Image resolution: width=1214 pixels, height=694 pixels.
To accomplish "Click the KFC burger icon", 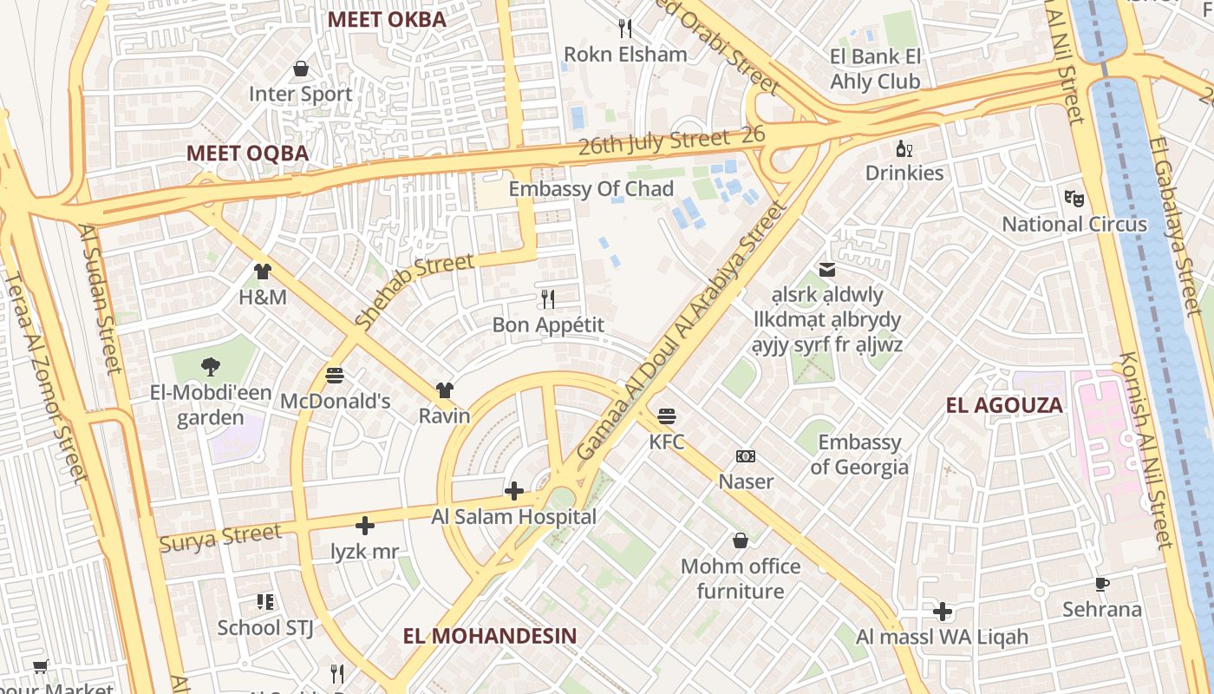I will pyautogui.click(x=666, y=416).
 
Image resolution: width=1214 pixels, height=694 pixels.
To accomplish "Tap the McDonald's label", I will pyautogui.click(x=335, y=402).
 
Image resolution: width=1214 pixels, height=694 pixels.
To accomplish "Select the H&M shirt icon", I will pyautogui.click(x=263, y=272).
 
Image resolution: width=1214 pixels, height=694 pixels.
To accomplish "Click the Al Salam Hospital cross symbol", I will pyautogui.click(x=514, y=492).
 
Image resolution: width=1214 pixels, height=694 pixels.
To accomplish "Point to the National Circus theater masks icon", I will pyautogui.click(x=1074, y=198).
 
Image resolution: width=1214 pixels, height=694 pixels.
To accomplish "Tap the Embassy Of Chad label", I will pyautogui.click(x=591, y=189).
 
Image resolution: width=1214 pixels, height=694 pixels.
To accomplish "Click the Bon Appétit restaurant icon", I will pyautogui.click(x=547, y=299).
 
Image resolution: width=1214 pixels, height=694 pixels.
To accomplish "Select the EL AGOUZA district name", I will pyautogui.click(x=1004, y=405).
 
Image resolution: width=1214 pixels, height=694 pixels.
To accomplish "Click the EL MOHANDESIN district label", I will pyautogui.click(x=489, y=636).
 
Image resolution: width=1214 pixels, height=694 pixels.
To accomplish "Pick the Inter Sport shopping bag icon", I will pyautogui.click(x=301, y=69).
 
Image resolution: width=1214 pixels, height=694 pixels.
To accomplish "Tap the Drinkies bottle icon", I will pyautogui.click(x=904, y=148).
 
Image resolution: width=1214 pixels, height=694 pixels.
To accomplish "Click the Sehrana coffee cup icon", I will pyautogui.click(x=1102, y=584).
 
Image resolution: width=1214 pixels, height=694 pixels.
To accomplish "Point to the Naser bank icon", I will pyautogui.click(x=745, y=456).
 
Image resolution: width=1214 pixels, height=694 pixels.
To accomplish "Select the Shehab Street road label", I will pyautogui.click(x=414, y=290).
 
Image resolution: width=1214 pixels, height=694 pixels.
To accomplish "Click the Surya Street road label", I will pyautogui.click(x=220, y=537).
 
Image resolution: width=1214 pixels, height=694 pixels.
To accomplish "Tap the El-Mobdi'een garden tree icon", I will pyautogui.click(x=210, y=367).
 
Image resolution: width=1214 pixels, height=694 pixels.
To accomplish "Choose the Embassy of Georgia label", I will pyautogui.click(x=859, y=455).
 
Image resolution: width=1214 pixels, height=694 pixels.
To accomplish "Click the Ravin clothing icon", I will pyautogui.click(x=444, y=390).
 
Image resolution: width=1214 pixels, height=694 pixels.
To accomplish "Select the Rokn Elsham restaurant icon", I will pyautogui.click(x=624, y=29).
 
